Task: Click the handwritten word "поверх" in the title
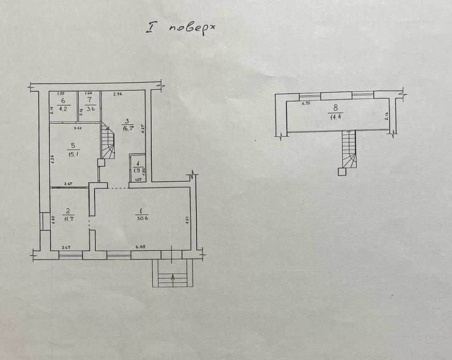pos(192,30)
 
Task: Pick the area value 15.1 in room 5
pos(71,154)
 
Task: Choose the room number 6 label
pos(63,100)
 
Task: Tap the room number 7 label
pos(89,99)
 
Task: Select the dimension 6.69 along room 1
pos(140,247)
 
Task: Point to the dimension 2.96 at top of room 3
pos(117,94)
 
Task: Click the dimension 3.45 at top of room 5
pos(78,128)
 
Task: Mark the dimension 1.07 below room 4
pos(138,180)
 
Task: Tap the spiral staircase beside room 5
pos(108,142)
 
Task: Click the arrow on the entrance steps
pos(172,280)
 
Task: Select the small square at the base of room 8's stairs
pos(342,172)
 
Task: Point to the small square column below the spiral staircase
pos(101,162)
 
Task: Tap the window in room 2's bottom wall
pos(70,255)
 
